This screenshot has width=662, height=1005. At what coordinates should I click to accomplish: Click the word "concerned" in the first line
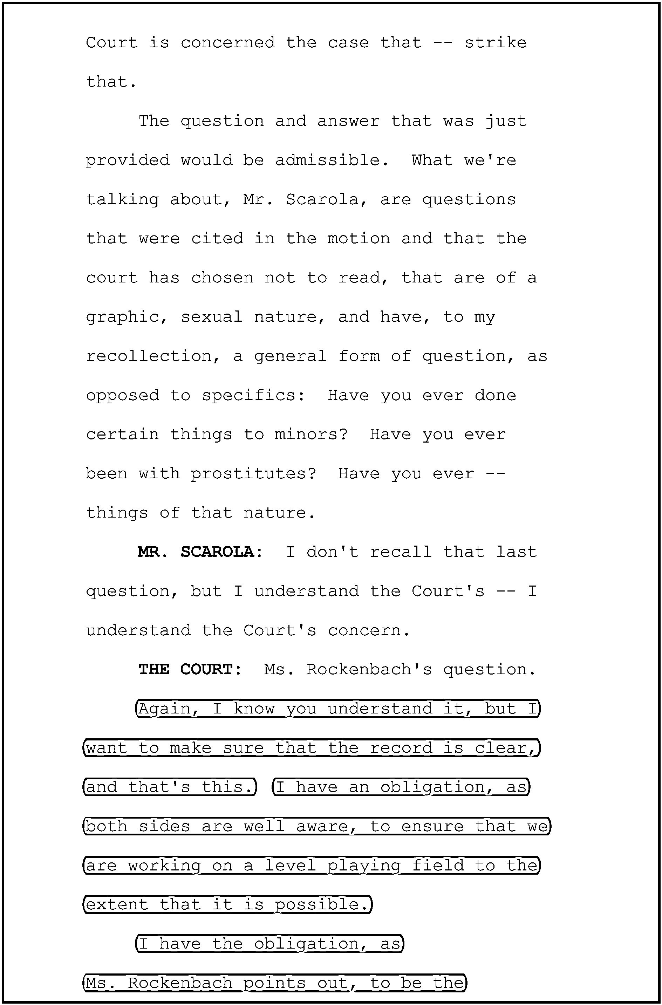(x=227, y=43)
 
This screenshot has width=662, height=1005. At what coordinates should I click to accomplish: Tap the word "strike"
(x=495, y=43)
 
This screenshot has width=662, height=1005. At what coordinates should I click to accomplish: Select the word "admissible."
(x=332, y=160)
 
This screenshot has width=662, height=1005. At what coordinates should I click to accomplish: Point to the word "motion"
(x=359, y=239)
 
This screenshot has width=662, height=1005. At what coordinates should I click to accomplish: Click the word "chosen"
(x=222, y=278)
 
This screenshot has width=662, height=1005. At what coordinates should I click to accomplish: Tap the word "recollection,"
(x=153, y=356)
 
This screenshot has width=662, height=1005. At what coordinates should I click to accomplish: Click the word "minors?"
(x=311, y=435)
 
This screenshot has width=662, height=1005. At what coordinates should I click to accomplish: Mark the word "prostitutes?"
(x=253, y=474)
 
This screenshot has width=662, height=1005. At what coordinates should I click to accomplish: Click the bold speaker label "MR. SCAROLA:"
(x=200, y=552)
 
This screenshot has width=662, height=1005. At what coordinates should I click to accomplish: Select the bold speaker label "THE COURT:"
(x=190, y=669)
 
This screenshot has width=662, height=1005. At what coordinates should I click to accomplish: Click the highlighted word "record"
(x=401, y=748)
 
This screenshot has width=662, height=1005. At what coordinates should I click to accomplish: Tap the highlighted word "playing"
(x=364, y=865)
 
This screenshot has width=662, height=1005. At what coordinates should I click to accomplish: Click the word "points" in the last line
(x=274, y=983)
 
